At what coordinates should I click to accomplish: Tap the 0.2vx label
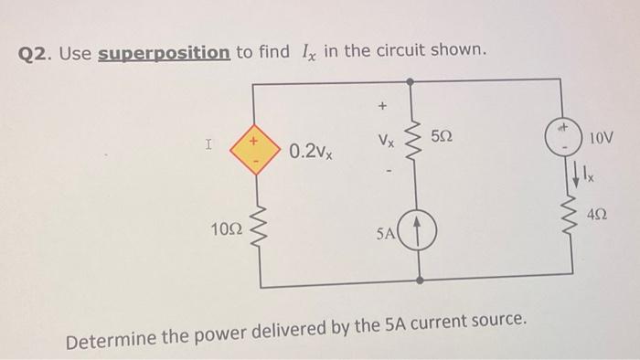pos(311,151)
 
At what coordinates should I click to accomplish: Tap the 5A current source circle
pos(420,232)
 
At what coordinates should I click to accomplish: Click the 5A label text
pos(387,233)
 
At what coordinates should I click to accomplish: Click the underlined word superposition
pos(164,52)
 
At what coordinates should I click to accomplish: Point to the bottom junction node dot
pos(420,279)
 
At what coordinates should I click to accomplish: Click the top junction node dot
pos(419,79)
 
